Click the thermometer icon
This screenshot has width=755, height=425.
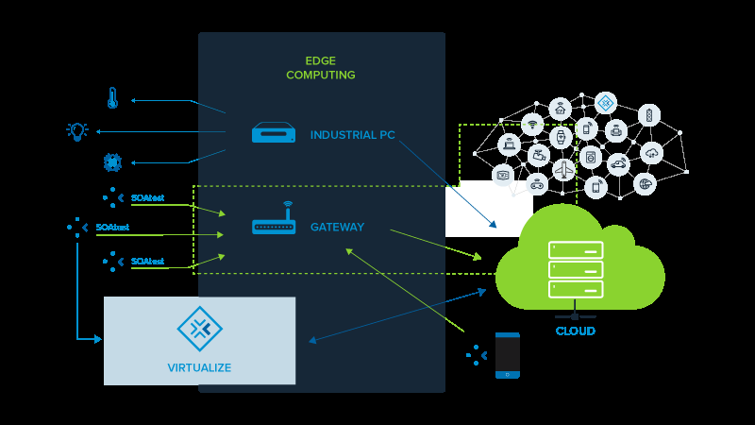111,98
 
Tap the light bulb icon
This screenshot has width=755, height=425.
77,131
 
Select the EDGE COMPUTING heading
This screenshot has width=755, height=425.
321,68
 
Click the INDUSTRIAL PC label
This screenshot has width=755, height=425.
353,135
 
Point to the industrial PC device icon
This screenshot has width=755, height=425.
275,133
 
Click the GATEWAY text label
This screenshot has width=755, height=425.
337,228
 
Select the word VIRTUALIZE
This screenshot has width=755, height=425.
199,367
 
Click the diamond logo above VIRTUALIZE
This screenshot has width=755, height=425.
199,329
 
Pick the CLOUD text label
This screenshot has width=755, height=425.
575,331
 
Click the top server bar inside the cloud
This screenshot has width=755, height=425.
576,250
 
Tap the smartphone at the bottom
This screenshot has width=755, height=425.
508,355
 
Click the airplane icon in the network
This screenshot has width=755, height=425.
564,169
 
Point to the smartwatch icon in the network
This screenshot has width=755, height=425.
561,137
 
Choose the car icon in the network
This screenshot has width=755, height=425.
617,164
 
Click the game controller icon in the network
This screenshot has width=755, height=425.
537,183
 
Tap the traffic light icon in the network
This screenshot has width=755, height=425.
649,115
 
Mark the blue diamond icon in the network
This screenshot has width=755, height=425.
605,102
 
